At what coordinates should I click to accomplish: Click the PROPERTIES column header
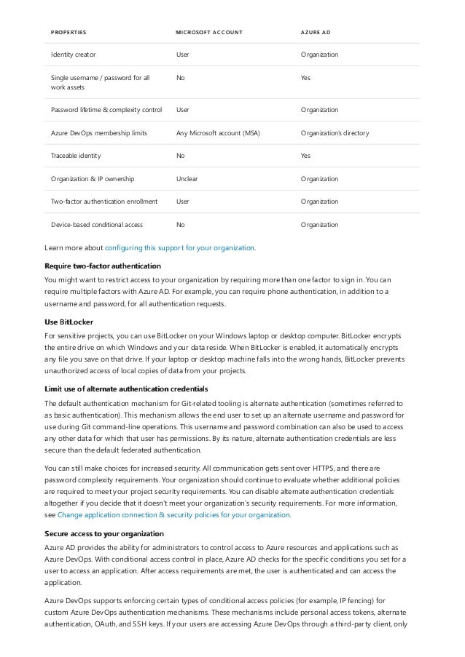69,33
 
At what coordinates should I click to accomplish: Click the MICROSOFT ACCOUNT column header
209,33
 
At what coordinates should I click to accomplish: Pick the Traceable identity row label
76,156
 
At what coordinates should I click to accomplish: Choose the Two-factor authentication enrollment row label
104,202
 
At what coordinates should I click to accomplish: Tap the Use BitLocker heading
69,321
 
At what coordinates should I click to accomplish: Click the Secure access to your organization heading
104,533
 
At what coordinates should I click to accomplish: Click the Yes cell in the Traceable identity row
306,156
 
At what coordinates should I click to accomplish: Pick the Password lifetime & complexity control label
106,110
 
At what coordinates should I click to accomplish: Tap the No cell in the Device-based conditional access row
181,225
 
